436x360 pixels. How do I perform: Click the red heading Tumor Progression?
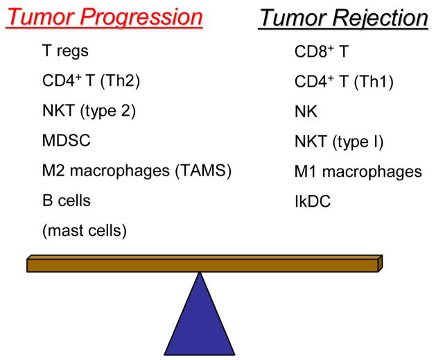[x=104, y=17]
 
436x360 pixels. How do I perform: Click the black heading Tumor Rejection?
[x=343, y=17]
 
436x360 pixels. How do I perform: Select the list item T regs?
[x=65, y=51]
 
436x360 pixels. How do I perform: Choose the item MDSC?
[x=66, y=141]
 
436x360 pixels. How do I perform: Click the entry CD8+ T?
[x=318, y=51]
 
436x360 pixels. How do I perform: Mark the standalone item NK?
[x=304, y=110]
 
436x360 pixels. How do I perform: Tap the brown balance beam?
[x=204, y=264]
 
